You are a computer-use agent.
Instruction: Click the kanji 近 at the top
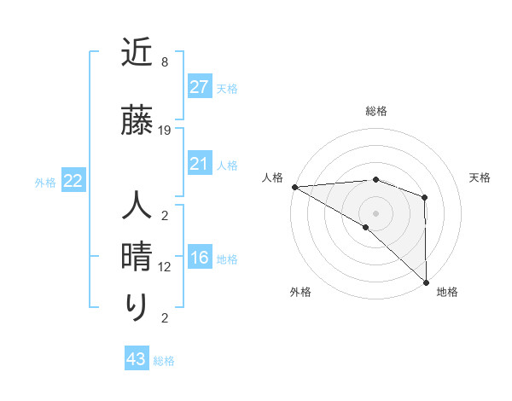pyautogui.click(x=137, y=55)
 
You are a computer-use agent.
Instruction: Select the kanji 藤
pyautogui.click(x=137, y=122)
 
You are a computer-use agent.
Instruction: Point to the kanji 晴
pyautogui.click(x=137, y=257)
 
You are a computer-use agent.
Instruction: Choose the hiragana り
pyautogui.click(x=137, y=308)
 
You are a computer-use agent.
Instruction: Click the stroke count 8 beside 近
pyautogui.click(x=164, y=62)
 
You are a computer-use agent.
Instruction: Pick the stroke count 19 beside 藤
pyautogui.click(x=165, y=131)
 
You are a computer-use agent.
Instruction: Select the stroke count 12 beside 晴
pyautogui.click(x=165, y=267)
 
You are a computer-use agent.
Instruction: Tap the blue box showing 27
pyautogui.click(x=199, y=87)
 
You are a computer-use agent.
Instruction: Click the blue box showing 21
pyautogui.click(x=199, y=164)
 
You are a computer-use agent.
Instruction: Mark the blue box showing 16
pyautogui.click(x=199, y=259)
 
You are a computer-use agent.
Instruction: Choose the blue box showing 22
pyautogui.click(x=73, y=181)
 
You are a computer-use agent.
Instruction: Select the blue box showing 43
pyautogui.click(x=137, y=360)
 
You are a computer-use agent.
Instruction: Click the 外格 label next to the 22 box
pyautogui.click(x=45, y=182)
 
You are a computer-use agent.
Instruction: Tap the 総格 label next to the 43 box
pyautogui.click(x=164, y=361)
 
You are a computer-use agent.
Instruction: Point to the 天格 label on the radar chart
pyautogui.click(x=480, y=177)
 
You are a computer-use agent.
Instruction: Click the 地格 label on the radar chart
pyautogui.click(x=447, y=292)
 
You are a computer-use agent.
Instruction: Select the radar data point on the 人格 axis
pyautogui.click(x=294, y=187)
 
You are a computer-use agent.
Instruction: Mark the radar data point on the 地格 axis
pyautogui.click(x=426, y=282)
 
